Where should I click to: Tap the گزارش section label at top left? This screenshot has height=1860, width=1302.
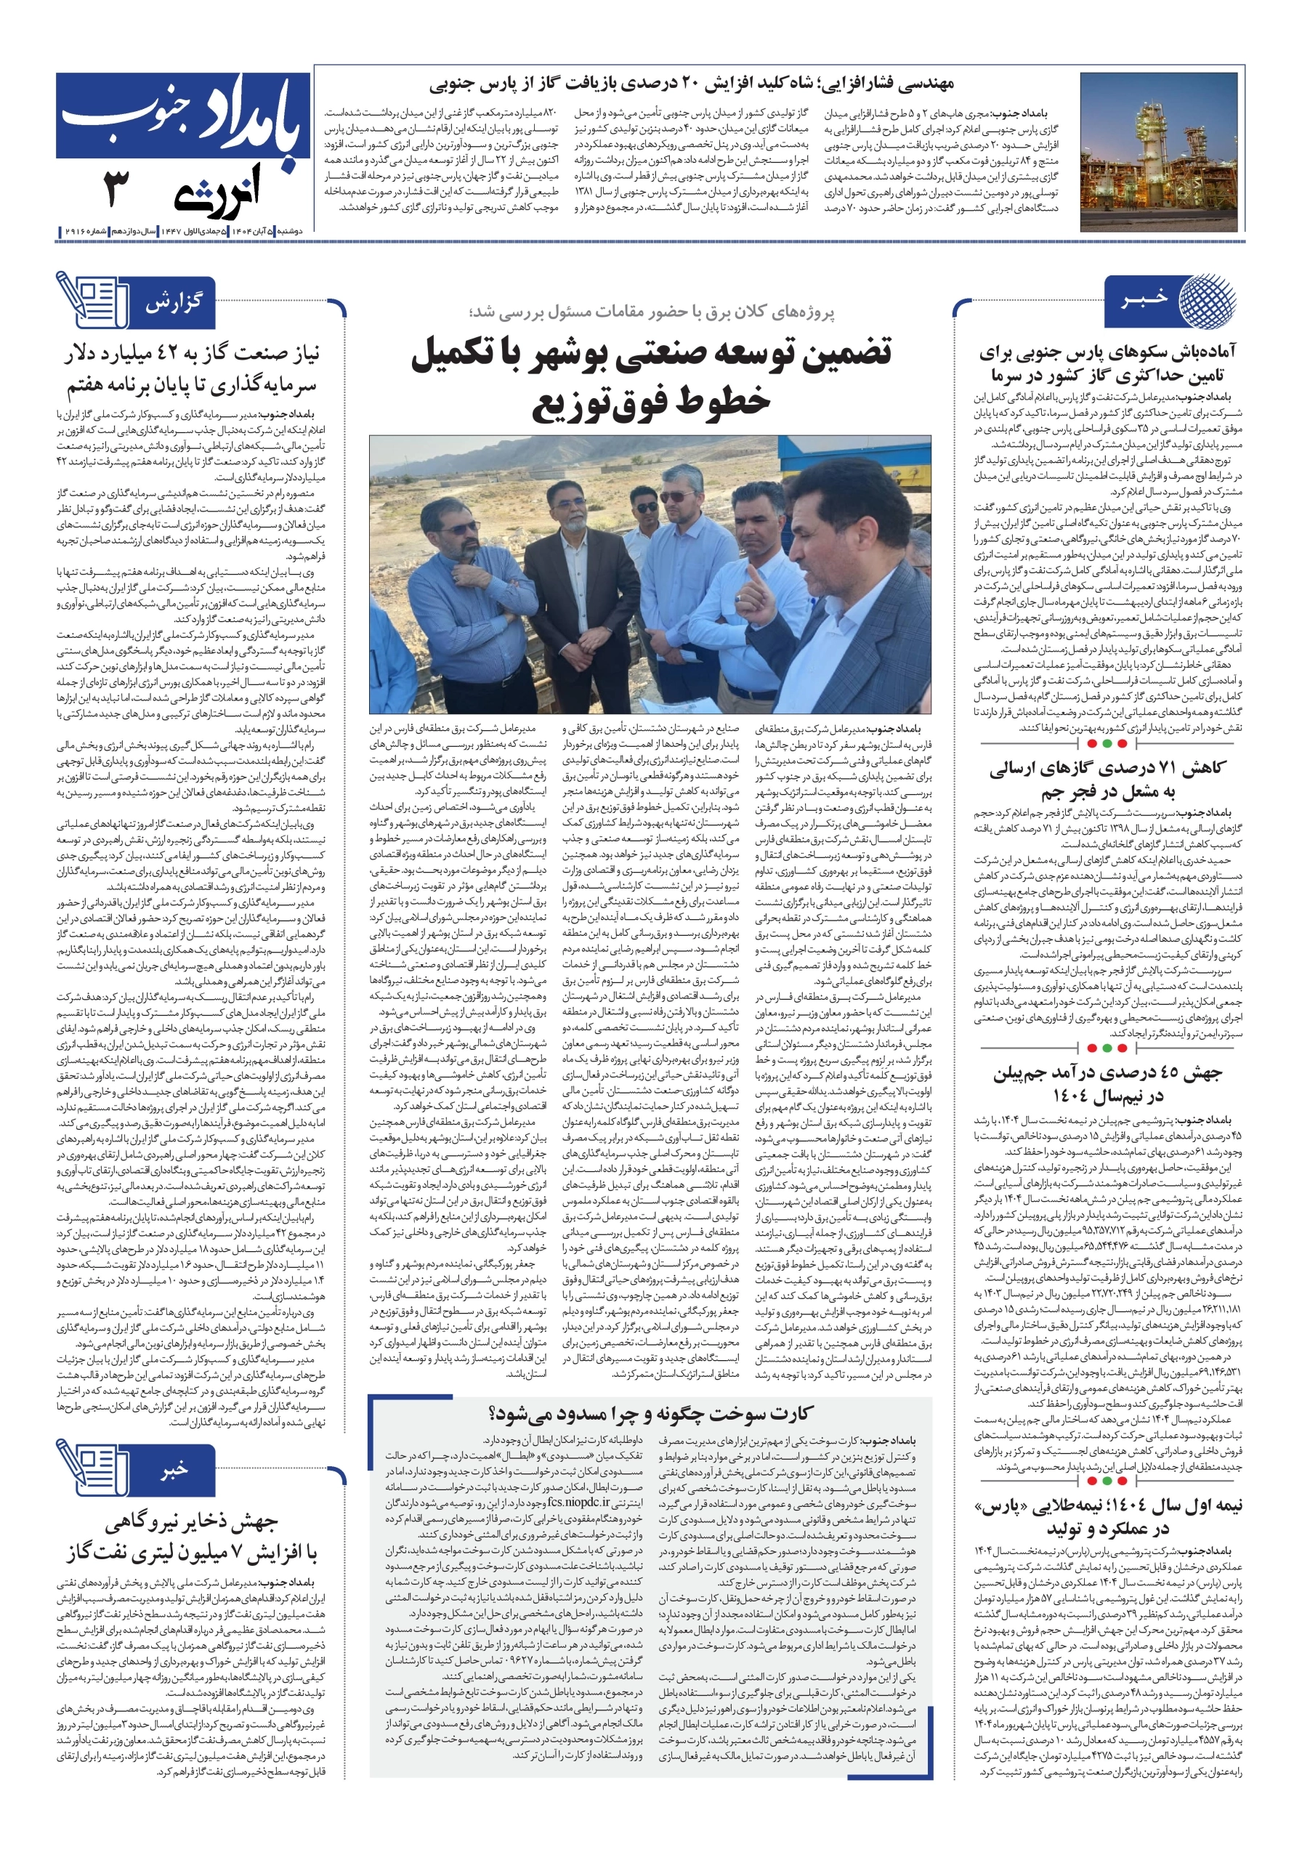point(174,303)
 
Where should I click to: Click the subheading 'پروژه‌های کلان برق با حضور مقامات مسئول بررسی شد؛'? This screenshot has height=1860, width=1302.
point(652,312)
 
